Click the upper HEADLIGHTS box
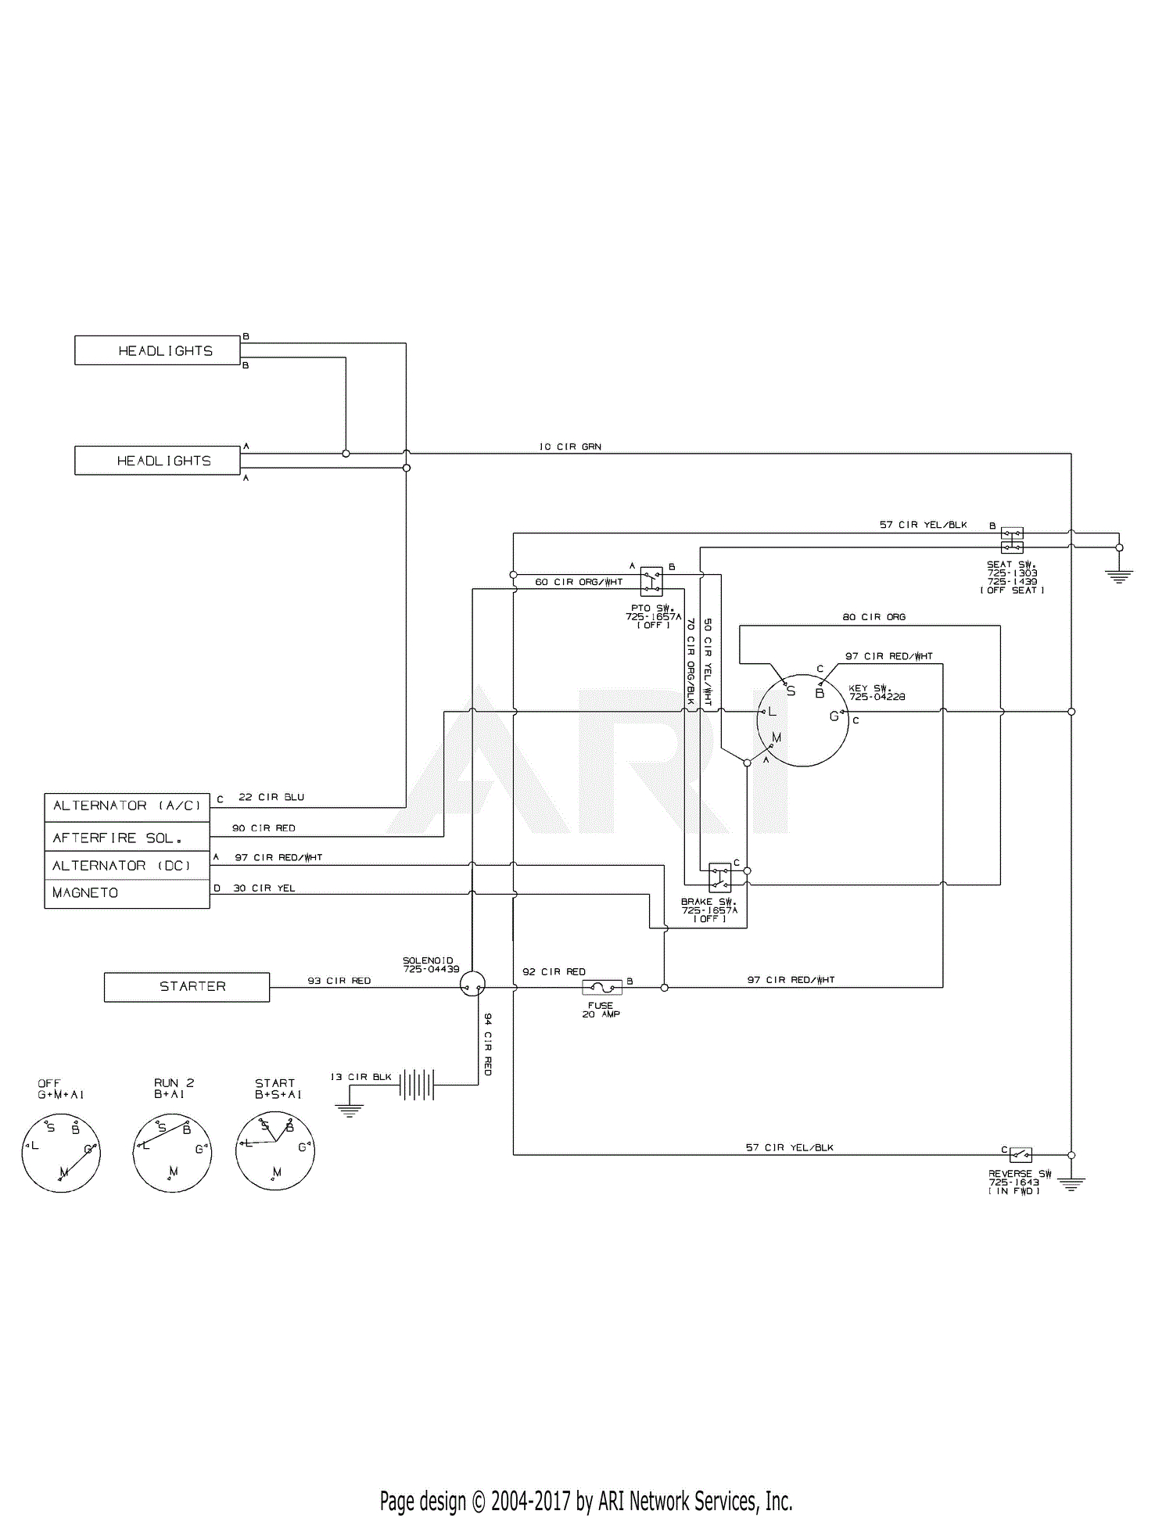pos(157,350)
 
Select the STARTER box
pos(187,987)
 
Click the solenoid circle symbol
pos(472,984)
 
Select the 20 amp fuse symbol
pos(602,988)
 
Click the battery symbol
pos(417,1085)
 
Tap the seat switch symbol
pos(1012,540)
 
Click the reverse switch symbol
pos(1021,1154)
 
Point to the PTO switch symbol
pos(651,581)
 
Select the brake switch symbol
pos(719,877)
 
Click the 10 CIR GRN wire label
pos(570,447)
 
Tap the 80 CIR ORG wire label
pos(873,617)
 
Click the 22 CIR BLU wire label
pos(271,797)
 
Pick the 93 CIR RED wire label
pos(339,981)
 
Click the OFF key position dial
pos(61,1153)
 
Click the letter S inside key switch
pos(791,691)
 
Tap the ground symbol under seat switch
pos(1119,577)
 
